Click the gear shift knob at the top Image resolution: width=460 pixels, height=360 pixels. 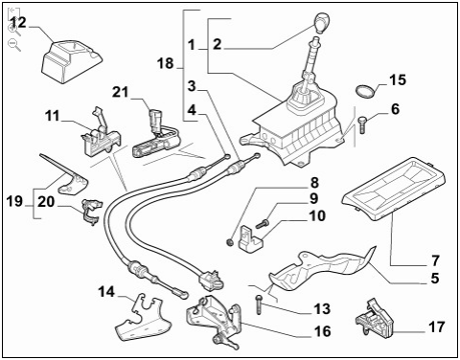pyautogui.click(x=321, y=23)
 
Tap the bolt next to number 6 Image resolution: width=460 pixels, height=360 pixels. pyautogui.click(x=362, y=124)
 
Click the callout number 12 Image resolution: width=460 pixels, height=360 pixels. pyautogui.click(x=18, y=23)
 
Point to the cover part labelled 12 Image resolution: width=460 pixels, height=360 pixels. pyautogui.click(x=72, y=61)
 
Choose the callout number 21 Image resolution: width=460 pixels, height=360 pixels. pyautogui.click(x=121, y=92)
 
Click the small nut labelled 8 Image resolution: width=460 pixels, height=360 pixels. pyautogui.click(x=229, y=243)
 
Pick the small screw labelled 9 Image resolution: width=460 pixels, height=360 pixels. pyautogui.click(x=263, y=224)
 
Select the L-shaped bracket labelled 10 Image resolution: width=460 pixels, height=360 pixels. pyautogui.click(x=250, y=239)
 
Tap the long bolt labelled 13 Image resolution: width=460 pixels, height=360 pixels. pyautogui.click(x=259, y=304)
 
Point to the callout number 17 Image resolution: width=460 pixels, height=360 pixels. pyautogui.click(x=436, y=326)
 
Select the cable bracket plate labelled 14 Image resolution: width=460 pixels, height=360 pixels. pyautogui.click(x=143, y=318)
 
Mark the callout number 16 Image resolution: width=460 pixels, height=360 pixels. pyautogui.click(x=322, y=331)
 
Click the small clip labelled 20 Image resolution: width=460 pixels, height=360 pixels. pyautogui.click(x=92, y=211)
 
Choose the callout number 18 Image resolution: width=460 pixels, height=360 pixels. pyautogui.click(x=165, y=63)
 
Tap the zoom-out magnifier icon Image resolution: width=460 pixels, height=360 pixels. pyautogui.click(x=14, y=45)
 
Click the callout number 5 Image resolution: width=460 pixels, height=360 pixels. pyautogui.click(x=434, y=278)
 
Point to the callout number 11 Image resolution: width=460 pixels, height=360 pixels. pyautogui.click(x=53, y=116)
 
